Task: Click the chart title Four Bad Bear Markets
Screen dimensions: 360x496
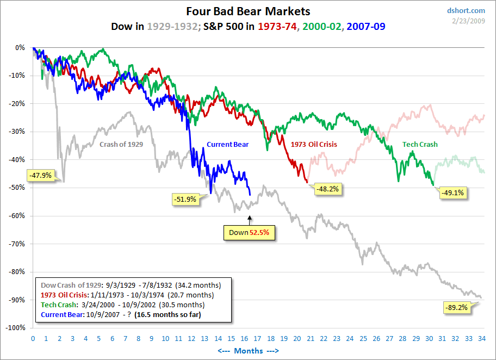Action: tap(248, 11)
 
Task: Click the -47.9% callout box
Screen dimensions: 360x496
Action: tap(40, 175)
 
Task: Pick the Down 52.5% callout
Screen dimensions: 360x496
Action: tap(249, 232)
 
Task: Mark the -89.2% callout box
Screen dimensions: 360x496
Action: tap(456, 307)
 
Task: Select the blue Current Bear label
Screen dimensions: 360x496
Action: tap(227, 145)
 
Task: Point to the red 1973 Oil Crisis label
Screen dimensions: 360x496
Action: tap(314, 145)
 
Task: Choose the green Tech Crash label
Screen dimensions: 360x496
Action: tap(420, 145)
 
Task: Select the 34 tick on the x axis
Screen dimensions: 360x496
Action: tap(482, 338)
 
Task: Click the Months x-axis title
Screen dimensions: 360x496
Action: tap(248, 351)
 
